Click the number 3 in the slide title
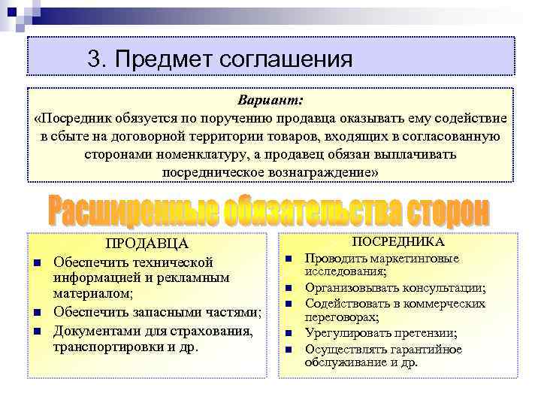pos(93,59)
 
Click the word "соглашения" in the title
pos(286,59)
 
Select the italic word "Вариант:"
pos(270,101)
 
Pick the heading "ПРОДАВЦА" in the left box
pos(147,244)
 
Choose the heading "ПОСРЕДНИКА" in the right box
pos(398,241)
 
